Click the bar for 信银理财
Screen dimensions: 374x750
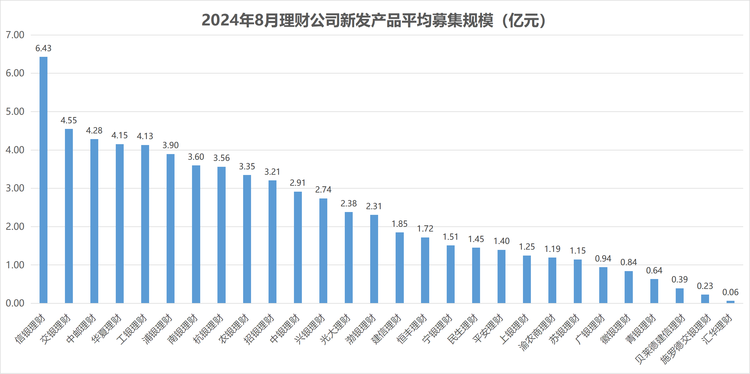(43, 180)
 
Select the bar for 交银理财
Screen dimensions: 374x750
(69, 216)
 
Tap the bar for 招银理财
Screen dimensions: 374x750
(272, 242)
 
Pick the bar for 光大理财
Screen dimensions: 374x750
(348, 258)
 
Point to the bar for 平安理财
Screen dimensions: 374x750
(501, 276)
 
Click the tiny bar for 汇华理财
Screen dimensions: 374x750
(730, 302)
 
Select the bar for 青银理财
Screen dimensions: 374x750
(654, 291)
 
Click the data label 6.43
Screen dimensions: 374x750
(43, 48)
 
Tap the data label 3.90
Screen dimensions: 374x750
(170, 145)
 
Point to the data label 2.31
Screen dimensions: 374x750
(374, 206)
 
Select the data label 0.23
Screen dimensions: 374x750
(705, 286)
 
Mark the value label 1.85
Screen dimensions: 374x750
(400, 224)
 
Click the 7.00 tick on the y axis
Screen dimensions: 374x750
(15, 35)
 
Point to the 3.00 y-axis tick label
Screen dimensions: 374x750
(15, 188)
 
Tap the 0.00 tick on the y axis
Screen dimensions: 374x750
(15, 303)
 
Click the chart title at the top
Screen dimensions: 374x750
(374, 20)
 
